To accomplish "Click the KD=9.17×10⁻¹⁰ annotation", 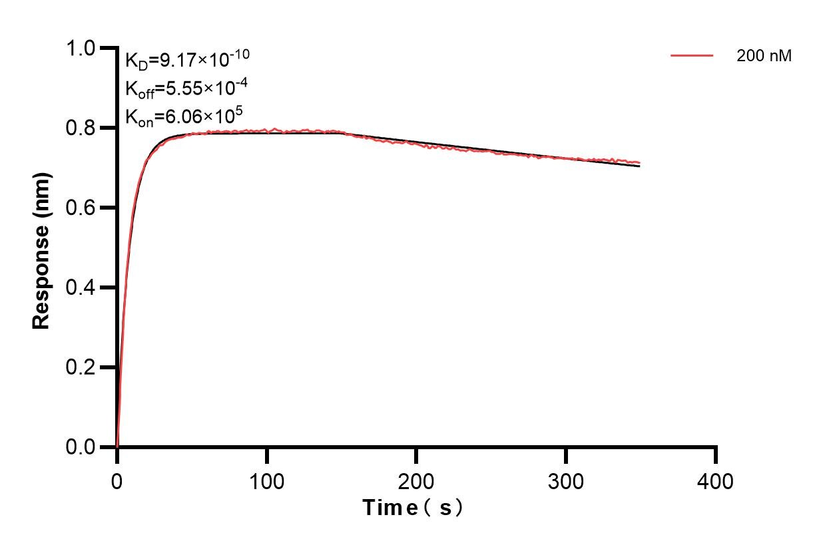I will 187,60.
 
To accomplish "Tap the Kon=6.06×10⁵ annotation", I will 183,117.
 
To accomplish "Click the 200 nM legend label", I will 764,57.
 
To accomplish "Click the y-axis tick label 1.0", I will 82,48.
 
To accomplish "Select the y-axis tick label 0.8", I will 82,128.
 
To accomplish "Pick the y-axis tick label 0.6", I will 82,208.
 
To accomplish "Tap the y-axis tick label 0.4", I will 82,287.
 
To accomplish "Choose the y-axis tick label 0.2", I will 82,367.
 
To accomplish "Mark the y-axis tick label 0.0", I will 82,447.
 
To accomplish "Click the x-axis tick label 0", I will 117,480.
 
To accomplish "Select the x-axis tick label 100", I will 266,480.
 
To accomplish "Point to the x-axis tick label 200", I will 416,480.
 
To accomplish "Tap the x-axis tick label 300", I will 566,480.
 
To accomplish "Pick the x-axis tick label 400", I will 716,480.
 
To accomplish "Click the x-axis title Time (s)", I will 412,508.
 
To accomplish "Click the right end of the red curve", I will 640,162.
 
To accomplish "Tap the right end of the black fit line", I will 640,166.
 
